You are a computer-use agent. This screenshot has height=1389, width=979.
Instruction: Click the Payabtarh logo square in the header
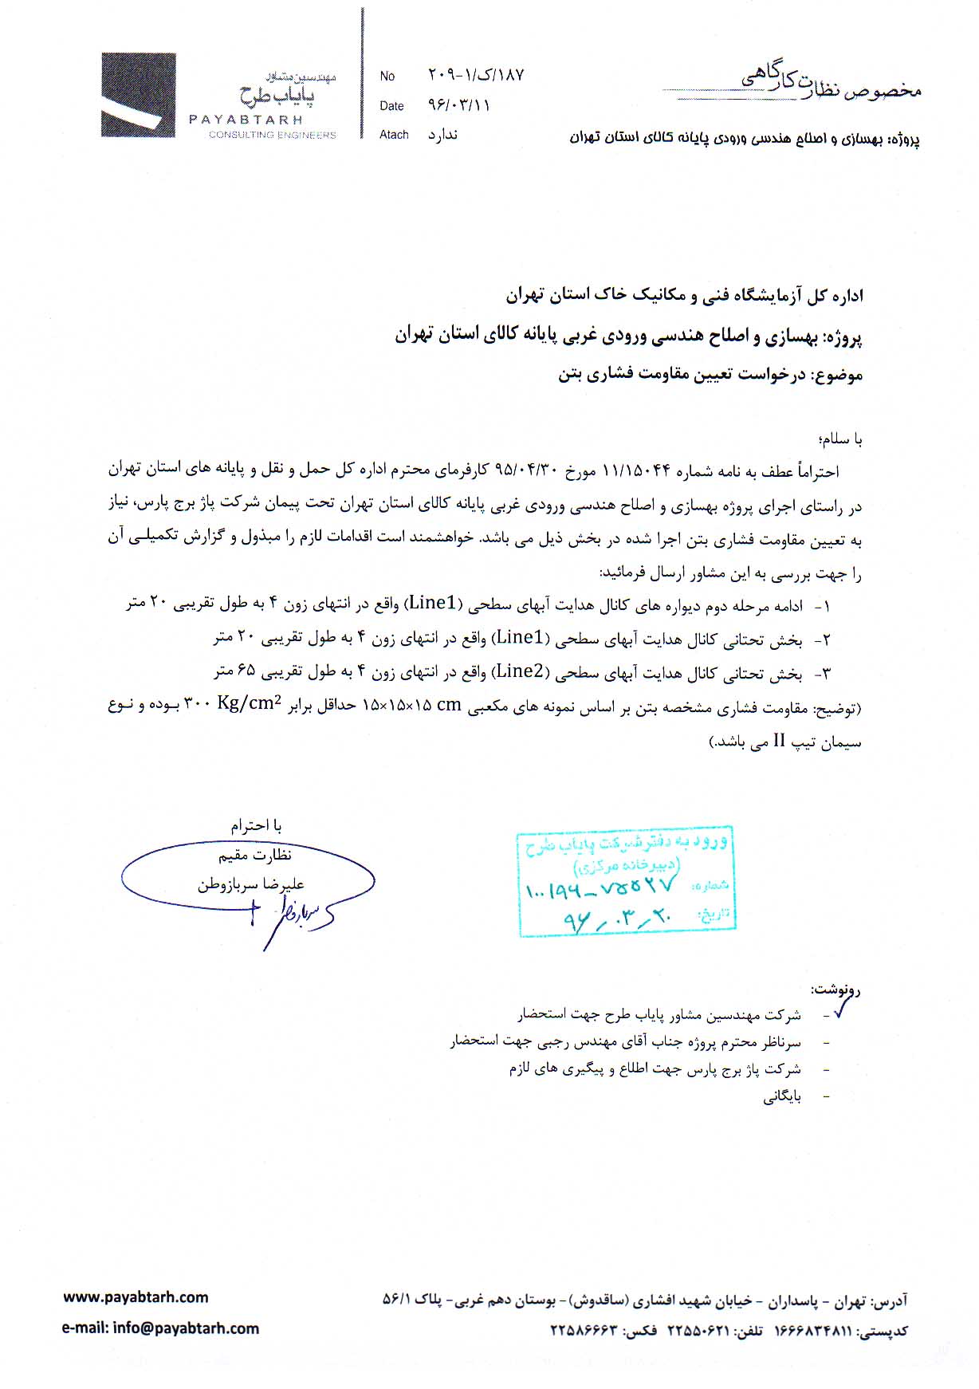coord(138,96)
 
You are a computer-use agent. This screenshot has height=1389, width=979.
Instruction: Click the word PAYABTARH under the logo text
coord(246,120)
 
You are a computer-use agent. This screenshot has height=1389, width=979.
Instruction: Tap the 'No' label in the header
coord(387,77)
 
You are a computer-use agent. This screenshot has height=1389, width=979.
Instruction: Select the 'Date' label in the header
coord(391,106)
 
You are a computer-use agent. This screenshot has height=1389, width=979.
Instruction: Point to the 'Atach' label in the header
coord(394,135)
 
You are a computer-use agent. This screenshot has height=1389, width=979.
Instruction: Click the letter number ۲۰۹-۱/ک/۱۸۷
coord(476,75)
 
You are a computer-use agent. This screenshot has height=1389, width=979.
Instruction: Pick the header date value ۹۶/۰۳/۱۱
coord(459,105)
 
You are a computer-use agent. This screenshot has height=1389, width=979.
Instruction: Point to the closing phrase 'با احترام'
coord(256,825)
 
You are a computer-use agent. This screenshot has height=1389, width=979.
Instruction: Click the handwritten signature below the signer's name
coord(292,916)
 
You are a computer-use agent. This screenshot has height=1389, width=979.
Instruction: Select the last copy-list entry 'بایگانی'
coord(782,1097)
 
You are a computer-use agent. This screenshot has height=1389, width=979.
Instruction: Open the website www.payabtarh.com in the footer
coord(136,1297)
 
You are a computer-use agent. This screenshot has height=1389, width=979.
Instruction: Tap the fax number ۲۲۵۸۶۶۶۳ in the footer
coord(584,1330)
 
